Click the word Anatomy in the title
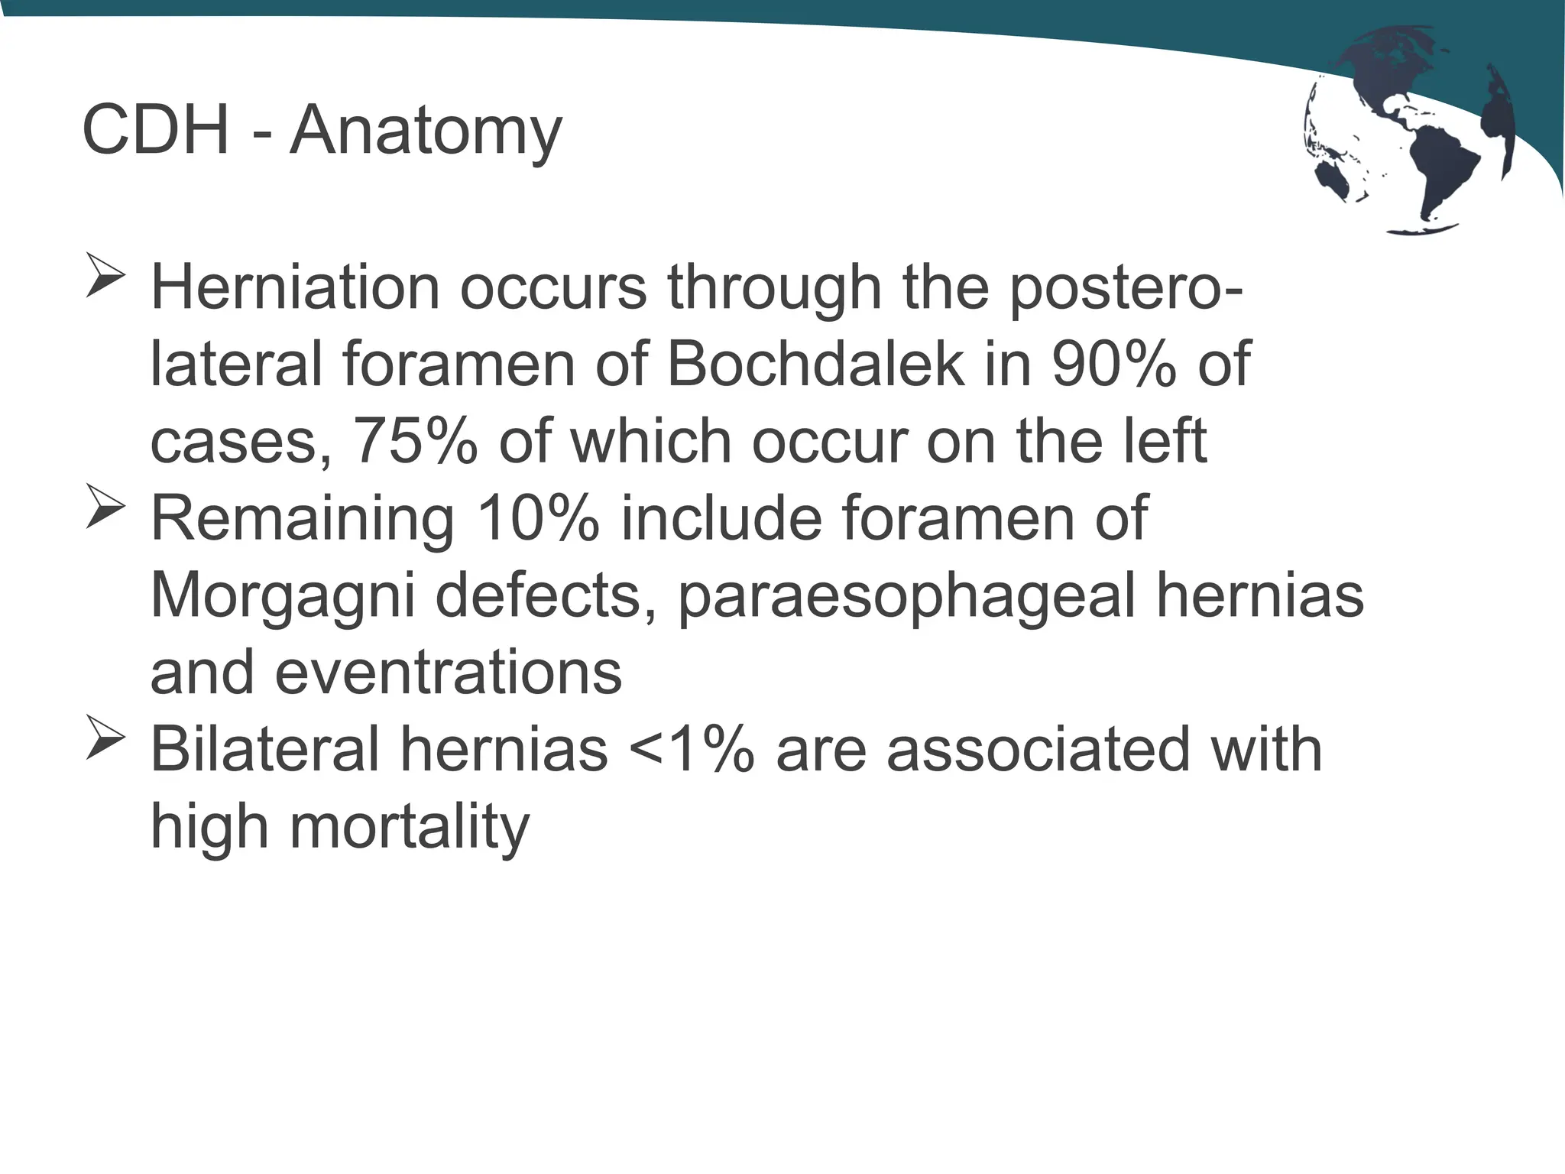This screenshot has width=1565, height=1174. point(426,131)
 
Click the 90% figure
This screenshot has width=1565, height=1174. point(1114,364)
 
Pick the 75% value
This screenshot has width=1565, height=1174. point(415,441)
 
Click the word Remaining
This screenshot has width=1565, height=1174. point(303,519)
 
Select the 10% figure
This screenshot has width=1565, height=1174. point(538,519)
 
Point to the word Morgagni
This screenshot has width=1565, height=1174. point(283,596)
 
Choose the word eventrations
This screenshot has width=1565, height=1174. point(448,673)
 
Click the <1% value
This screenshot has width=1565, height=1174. point(692,750)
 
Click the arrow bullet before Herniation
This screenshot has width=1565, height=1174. point(105,275)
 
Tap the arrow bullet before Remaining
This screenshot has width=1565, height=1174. point(105,506)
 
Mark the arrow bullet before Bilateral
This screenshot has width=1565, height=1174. point(105,737)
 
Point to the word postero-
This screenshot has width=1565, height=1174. point(1126,289)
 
